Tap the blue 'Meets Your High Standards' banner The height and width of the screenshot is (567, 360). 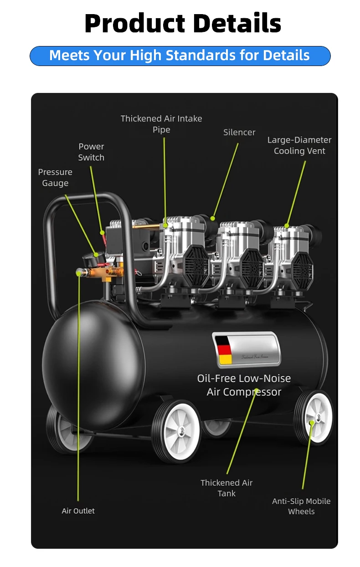pos(180,56)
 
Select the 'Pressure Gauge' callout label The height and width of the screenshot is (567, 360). pos(55,178)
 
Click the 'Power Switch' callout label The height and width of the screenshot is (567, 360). pos(91,152)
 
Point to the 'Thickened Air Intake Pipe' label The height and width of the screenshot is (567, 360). pos(161,124)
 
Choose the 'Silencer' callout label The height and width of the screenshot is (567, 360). pos(239,133)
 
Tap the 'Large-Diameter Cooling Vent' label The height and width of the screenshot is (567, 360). pos(299,145)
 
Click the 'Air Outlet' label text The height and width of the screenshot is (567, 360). pos(78,511)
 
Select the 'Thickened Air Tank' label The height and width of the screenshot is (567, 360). pos(226,488)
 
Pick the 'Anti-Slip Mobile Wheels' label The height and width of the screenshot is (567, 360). pos(301,506)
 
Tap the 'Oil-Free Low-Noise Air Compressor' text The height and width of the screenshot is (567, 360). pos(244,385)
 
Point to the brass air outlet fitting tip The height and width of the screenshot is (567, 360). pos(80,272)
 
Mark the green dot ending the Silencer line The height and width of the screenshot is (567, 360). pos(212,218)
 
